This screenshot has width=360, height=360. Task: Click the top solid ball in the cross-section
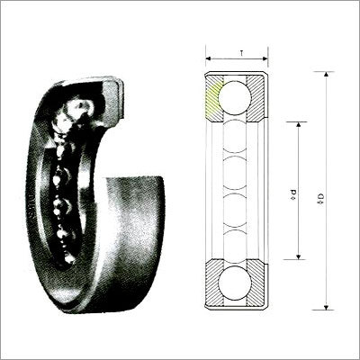tap(236, 97)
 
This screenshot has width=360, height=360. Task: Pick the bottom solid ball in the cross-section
tap(236, 282)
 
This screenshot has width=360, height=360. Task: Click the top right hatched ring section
tap(256, 96)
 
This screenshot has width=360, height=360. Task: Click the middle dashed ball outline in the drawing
tap(236, 190)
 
